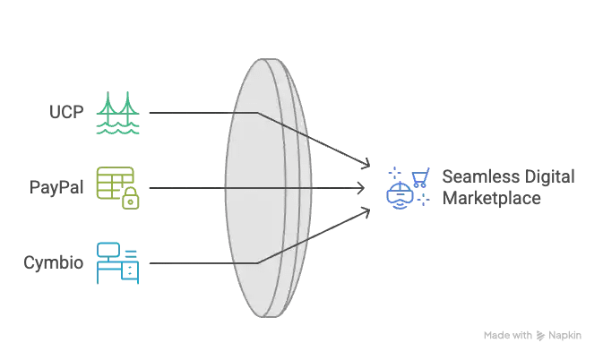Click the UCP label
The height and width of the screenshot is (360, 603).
tap(66, 112)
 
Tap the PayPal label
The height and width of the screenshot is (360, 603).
tap(56, 187)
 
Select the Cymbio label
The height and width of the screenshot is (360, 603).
tap(54, 262)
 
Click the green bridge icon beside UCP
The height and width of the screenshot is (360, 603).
tap(117, 113)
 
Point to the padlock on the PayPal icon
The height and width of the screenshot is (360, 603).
tap(131, 198)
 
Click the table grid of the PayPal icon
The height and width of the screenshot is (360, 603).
tap(115, 183)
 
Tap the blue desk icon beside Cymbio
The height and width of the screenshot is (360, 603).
tap(117, 263)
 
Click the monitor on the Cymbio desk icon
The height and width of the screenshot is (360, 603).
tap(108, 251)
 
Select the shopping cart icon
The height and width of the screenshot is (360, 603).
tap(421, 177)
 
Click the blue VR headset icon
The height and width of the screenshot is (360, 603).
tap(400, 195)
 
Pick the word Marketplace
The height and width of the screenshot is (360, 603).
tap(492, 198)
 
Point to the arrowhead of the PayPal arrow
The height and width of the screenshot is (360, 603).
tap(363, 188)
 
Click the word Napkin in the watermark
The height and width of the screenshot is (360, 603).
tap(565, 336)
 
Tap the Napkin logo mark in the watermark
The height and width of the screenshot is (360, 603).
tap(540, 336)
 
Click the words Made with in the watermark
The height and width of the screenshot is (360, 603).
tap(508, 336)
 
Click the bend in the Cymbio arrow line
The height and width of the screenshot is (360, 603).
tap(258, 263)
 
